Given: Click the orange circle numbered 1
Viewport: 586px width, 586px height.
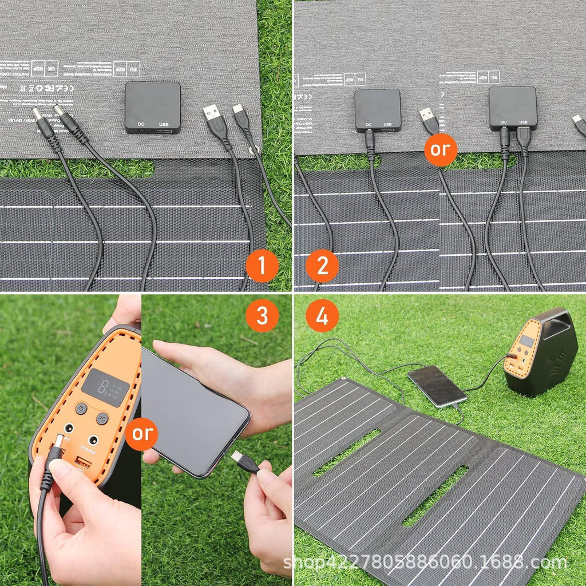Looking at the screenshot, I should pos(262,266).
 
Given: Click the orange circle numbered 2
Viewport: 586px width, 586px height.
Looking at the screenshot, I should pos(322,266).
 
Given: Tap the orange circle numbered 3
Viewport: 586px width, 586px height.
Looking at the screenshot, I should pos(262,315).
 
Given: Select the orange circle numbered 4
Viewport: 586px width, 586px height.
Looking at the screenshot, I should pos(322,315).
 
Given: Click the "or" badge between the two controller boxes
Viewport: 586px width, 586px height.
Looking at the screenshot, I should pos(441,150).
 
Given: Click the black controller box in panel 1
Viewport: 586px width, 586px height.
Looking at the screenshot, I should pos(153,106).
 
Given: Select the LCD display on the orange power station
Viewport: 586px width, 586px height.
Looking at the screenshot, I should pos(105,387).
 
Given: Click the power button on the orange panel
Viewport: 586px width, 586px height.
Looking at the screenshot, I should pos(82,409).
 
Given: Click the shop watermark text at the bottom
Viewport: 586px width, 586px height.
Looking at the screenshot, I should pos(426,563).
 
